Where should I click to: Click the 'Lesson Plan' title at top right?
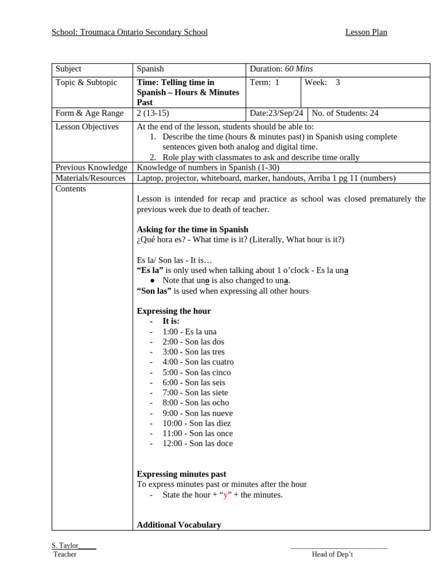[366, 33]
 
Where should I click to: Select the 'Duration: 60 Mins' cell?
[281, 69]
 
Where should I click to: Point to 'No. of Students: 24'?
[345, 113]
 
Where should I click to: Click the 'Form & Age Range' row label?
[89, 113]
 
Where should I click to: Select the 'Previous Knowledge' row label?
[91, 167]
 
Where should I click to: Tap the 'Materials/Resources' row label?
[90, 178]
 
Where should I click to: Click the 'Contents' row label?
[71, 189]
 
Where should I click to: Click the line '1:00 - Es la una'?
[189, 332]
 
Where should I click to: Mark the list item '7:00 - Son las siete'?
[195, 393]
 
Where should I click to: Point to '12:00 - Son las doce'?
[197, 444]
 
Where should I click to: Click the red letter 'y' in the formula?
[225, 495]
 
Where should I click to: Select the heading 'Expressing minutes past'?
[181, 474]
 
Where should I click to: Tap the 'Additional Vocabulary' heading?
[179, 525]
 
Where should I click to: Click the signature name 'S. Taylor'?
[65, 546]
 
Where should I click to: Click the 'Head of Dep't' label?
[332, 555]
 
